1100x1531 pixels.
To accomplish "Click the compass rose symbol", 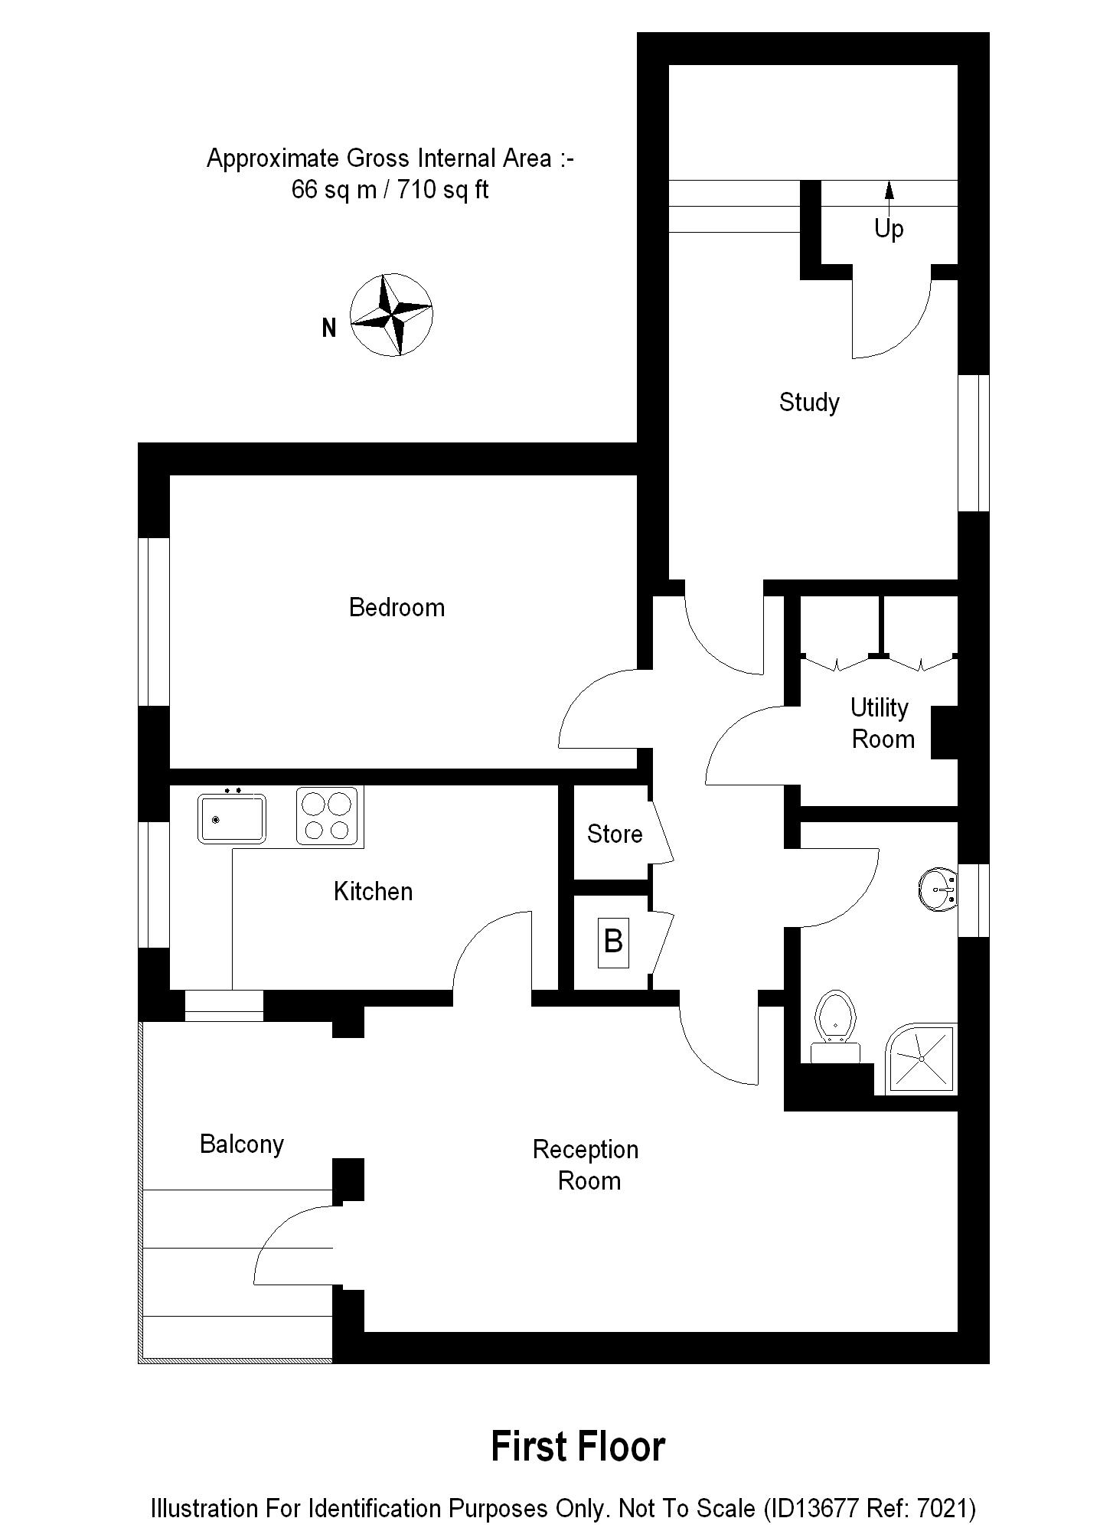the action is click(x=391, y=315).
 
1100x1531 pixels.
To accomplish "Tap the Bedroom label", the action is click(x=397, y=607).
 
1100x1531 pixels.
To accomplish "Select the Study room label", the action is click(x=809, y=402).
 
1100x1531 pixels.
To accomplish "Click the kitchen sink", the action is click(x=231, y=818).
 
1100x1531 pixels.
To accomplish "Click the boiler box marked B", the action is click(x=613, y=942).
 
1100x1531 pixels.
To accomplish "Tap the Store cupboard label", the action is click(x=614, y=834).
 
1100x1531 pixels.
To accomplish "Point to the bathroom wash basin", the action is click(x=937, y=890).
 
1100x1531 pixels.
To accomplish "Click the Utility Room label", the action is click(x=882, y=723).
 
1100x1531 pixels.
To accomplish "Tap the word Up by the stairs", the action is click(x=889, y=229).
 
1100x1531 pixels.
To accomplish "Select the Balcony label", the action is click(x=242, y=1144).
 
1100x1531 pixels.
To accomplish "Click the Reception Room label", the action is click(x=586, y=1164).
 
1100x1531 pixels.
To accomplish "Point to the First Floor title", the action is click(x=578, y=1447).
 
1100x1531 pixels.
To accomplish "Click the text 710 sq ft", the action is click(x=442, y=189).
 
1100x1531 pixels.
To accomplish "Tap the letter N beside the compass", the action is click(x=329, y=328).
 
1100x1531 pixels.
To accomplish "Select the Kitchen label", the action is click(x=373, y=891).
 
